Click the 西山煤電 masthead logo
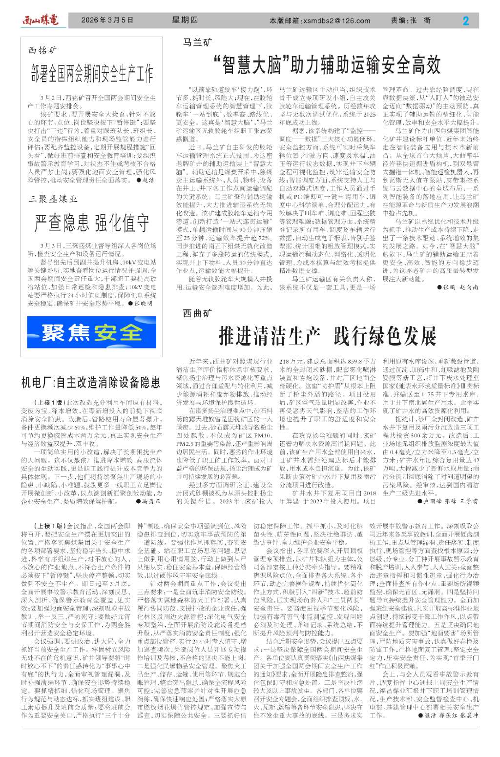[x=40, y=20]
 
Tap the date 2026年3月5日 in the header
[x=107, y=20]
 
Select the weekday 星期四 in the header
[x=185, y=20]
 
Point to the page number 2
[x=465, y=20]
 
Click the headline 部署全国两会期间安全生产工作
[x=92, y=73]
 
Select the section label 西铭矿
[x=42, y=50]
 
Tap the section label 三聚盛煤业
[x=53, y=199]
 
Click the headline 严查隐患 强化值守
[x=92, y=223]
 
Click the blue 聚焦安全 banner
[x=92, y=332]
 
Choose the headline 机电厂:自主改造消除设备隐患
[x=91, y=382]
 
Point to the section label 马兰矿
[x=198, y=43]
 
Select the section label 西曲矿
[x=198, y=313]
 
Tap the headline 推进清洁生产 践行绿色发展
[x=327, y=336]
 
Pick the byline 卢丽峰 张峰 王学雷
[x=450, y=501]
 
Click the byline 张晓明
[x=143, y=303]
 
